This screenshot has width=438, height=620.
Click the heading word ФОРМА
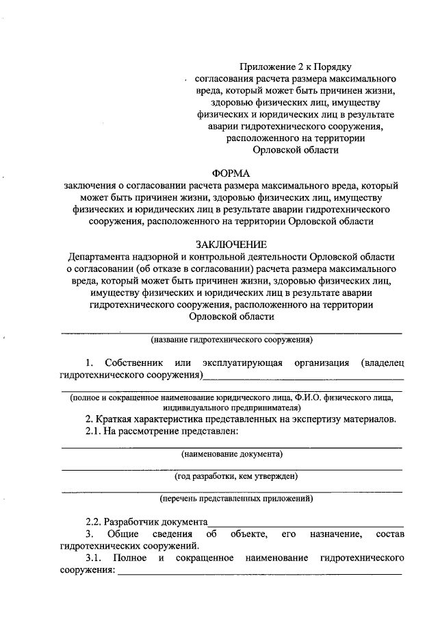point(232,173)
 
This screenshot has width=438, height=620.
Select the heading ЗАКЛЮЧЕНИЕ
point(232,244)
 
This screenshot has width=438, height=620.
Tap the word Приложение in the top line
point(263,66)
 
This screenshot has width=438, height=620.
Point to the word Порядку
point(333,66)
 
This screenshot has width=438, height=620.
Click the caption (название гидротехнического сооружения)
point(232,339)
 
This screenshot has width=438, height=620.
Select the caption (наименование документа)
point(232,454)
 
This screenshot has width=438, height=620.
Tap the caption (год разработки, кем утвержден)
point(232,475)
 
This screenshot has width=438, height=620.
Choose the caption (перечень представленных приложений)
point(232,497)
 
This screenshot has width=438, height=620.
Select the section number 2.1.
point(92,431)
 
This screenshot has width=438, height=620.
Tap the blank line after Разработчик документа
point(305,523)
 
